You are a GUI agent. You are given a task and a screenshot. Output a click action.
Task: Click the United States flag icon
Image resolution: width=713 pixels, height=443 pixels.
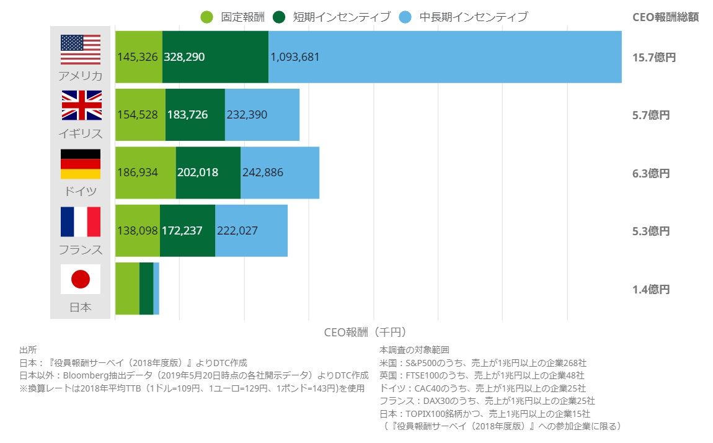click(81, 50)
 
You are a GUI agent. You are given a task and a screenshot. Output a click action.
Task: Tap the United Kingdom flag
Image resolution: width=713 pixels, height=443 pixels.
click(81, 105)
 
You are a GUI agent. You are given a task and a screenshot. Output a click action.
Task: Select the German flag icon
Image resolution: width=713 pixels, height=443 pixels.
click(81, 164)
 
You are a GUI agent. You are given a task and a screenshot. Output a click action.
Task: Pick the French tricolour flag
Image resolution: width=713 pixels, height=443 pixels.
click(81, 221)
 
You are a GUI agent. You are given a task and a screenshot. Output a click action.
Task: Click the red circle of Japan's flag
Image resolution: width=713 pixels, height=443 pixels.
click(81, 279)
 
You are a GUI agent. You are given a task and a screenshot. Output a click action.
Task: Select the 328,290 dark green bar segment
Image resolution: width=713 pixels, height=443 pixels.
click(215, 57)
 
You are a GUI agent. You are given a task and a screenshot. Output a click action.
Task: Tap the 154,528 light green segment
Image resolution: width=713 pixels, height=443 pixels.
click(140, 115)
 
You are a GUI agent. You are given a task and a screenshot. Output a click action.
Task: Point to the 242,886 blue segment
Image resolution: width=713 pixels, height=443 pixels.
click(280, 172)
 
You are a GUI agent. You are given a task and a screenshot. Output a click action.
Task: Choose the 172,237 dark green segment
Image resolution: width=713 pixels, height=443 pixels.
click(187, 231)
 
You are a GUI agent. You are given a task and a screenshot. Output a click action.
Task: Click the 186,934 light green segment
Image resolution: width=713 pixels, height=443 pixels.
click(146, 172)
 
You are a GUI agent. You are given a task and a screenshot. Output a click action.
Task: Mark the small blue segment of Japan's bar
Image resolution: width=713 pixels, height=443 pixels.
click(156, 289)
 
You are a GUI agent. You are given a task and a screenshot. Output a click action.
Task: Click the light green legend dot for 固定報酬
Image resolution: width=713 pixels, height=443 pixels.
click(207, 17)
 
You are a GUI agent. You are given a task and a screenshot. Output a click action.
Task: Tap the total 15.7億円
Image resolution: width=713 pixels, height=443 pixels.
click(653, 57)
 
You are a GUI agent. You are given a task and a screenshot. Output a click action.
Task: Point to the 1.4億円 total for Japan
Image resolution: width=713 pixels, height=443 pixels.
click(651, 289)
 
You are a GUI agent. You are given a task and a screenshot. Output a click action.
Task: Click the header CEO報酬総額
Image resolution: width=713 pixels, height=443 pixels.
click(665, 17)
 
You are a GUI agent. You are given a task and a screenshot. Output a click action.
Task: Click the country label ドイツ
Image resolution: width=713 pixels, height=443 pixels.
click(81, 191)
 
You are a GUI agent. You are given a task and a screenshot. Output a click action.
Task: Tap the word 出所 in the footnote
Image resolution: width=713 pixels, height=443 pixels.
click(29, 350)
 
